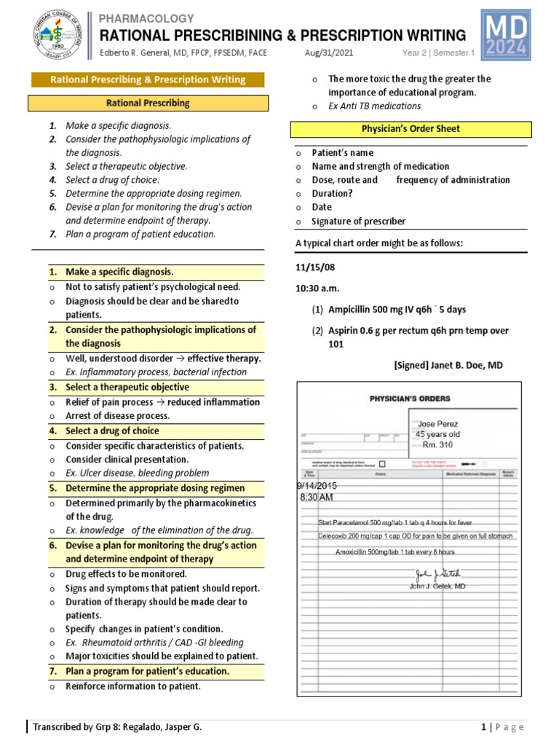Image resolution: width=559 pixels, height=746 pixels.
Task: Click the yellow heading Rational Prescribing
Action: [x=147, y=103]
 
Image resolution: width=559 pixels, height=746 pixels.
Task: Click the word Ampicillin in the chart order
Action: [x=350, y=310]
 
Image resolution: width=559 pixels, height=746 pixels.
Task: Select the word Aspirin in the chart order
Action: [x=344, y=331]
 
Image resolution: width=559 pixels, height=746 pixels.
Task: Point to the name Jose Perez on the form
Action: [x=438, y=423]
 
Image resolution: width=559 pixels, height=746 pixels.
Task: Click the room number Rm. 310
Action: [x=437, y=444]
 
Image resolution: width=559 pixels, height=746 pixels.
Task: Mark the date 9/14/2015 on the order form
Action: [x=317, y=485]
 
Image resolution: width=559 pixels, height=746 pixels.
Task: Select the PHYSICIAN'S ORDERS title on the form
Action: [x=410, y=398]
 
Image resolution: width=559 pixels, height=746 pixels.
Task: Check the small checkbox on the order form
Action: [x=382, y=463]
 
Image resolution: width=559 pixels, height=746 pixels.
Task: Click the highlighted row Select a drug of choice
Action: [x=112, y=431]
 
